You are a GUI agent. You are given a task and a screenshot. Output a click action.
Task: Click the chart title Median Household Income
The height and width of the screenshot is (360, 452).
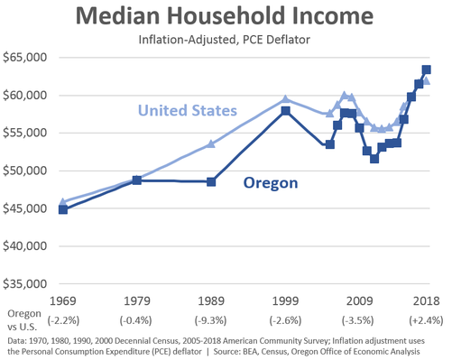point(226,17)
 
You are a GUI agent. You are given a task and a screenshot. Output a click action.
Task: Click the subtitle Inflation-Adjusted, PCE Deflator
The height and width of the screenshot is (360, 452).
point(226,39)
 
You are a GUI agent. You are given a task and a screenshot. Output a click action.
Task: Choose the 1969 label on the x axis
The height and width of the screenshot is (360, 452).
point(62,301)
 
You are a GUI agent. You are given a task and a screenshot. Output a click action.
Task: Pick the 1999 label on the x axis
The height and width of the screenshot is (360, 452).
point(285,301)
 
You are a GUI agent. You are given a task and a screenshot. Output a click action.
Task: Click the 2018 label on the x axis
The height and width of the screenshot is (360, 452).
point(426,301)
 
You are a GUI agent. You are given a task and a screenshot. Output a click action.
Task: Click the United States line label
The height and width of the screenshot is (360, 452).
point(189,111)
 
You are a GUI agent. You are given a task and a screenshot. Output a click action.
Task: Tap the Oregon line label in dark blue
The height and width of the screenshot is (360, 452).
point(272,184)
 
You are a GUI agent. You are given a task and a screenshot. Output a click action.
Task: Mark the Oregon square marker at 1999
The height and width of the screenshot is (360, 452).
point(285,111)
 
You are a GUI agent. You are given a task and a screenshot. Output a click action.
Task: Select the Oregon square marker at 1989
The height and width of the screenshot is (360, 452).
point(211,181)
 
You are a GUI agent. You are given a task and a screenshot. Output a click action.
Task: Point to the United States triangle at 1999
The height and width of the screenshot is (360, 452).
point(285,99)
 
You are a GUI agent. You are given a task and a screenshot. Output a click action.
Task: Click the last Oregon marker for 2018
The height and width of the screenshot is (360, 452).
point(427,69)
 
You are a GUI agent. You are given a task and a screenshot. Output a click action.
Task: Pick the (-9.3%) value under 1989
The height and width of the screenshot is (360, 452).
point(211,320)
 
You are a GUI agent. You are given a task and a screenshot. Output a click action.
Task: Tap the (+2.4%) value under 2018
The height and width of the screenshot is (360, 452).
point(426,320)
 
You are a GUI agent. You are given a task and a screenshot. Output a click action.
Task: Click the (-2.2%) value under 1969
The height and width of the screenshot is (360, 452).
point(62,320)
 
